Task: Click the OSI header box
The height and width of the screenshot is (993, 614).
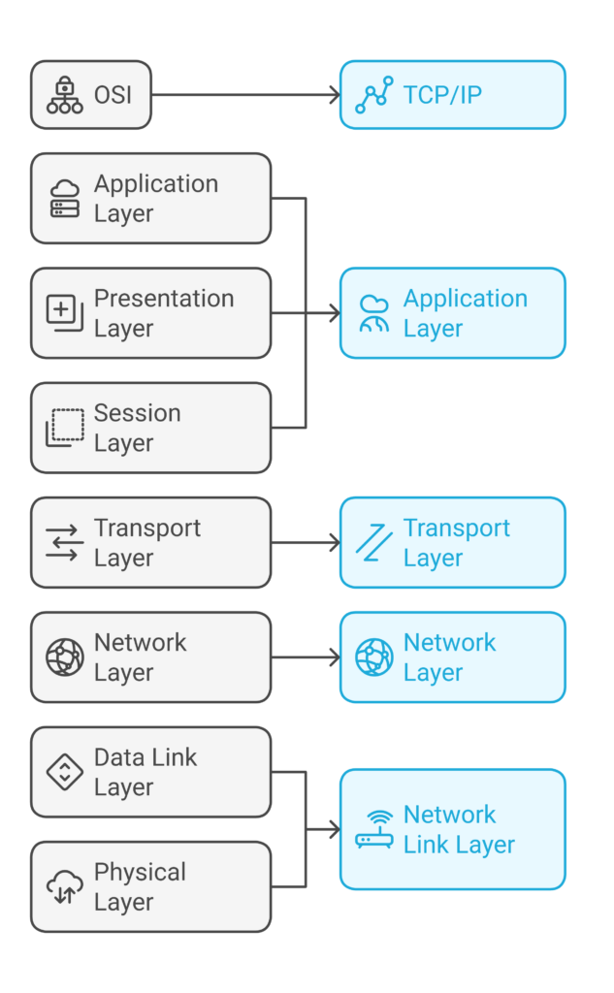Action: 91,95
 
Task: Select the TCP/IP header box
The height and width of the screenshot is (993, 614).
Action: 452,95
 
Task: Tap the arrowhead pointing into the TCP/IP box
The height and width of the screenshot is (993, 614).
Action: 334,95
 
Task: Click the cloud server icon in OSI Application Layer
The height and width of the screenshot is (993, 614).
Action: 65,198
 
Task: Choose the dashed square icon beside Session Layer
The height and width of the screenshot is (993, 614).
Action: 65,428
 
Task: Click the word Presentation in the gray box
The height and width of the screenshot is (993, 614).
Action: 164,299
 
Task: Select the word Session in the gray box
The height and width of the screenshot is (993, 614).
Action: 137,413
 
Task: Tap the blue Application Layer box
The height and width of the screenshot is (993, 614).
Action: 452,313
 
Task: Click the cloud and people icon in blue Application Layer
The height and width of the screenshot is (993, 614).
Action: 373,313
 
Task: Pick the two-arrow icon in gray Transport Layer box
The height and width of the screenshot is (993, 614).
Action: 65,542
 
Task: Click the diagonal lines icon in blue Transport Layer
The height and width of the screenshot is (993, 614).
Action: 373,542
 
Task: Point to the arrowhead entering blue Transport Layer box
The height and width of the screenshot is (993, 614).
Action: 334,543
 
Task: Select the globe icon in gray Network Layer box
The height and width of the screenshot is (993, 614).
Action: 65,657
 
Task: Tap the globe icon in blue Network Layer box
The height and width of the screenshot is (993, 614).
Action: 373,657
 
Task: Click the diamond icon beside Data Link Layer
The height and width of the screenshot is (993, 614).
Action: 65,772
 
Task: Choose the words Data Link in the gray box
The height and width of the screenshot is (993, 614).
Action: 145,757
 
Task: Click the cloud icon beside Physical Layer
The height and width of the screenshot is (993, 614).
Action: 65,886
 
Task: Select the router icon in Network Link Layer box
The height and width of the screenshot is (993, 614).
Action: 373,829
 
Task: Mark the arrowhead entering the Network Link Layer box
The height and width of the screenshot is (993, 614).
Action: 334,829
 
